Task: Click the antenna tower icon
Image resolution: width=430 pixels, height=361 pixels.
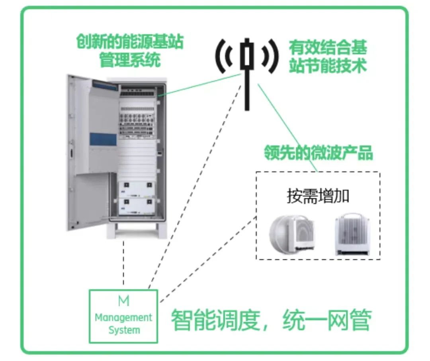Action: [x=247, y=74]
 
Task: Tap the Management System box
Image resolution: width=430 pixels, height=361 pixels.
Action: [x=123, y=316]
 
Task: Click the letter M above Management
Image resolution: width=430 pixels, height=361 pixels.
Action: [x=124, y=301]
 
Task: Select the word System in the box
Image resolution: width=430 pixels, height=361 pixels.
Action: [x=124, y=330]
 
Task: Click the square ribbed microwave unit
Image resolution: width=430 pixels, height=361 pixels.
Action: [x=352, y=233]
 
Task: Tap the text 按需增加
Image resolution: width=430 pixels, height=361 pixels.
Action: [x=318, y=196]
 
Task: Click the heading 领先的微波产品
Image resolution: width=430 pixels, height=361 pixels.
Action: [x=319, y=153]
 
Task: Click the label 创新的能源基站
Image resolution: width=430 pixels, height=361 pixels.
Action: [x=130, y=41]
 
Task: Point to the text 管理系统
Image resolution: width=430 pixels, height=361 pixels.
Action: [x=130, y=61]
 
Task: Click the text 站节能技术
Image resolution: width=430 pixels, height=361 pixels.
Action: [x=328, y=66]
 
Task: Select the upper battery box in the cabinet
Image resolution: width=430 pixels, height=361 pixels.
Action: [x=136, y=189]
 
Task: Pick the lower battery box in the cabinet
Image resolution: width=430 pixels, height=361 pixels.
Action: [x=136, y=206]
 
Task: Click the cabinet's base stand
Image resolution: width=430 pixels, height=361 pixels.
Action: [x=136, y=230]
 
